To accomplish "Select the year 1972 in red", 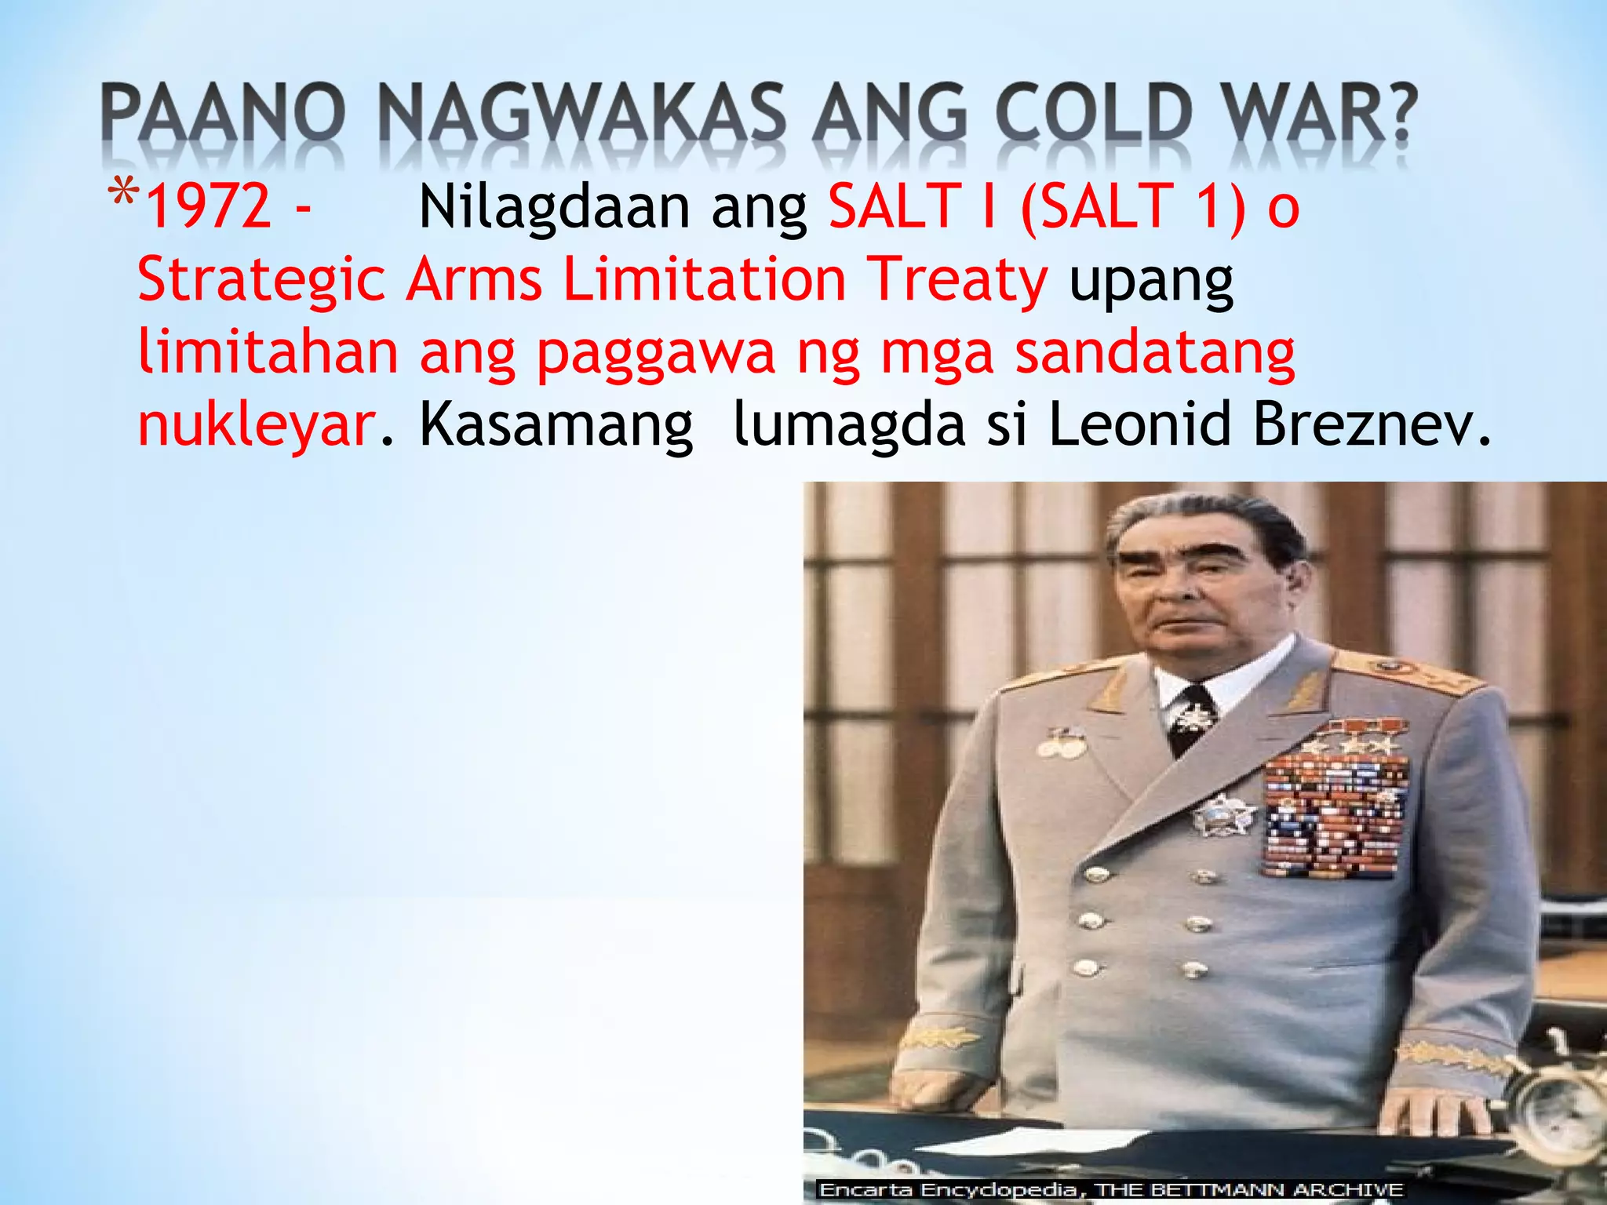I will [x=209, y=206].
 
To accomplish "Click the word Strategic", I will [x=261, y=280].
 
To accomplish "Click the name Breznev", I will [x=1370, y=424].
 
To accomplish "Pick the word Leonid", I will [x=1140, y=424].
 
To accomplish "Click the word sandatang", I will [x=1154, y=353].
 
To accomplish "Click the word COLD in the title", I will [x=1093, y=114].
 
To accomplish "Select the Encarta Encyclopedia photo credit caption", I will [x=1110, y=1189].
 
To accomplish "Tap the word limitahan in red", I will [x=268, y=353].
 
